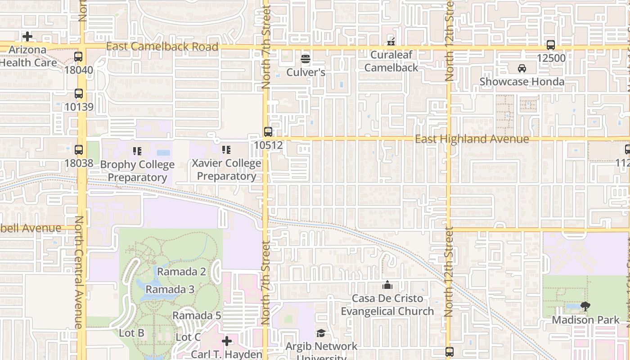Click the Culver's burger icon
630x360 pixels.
click(306, 59)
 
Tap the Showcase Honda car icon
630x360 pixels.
click(522, 68)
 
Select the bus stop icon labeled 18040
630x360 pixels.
click(78, 57)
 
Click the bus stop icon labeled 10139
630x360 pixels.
click(79, 94)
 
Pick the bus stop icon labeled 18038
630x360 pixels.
click(79, 150)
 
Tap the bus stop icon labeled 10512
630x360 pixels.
click(268, 132)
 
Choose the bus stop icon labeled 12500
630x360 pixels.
click(551, 45)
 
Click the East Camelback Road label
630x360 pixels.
click(162, 47)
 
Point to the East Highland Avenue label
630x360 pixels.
click(472, 139)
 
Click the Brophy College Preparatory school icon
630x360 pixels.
click(137, 151)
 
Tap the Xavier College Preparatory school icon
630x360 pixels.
click(226, 149)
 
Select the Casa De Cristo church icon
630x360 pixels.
click(387, 285)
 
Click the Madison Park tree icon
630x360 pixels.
click(585, 307)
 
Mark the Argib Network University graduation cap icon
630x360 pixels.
click(321, 333)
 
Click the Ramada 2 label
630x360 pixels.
click(181, 272)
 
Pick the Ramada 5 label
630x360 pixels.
click(197, 315)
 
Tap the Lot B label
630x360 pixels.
click(131, 333)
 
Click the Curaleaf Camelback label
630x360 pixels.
click(391, 61)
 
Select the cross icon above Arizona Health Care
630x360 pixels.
click(27, 36)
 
